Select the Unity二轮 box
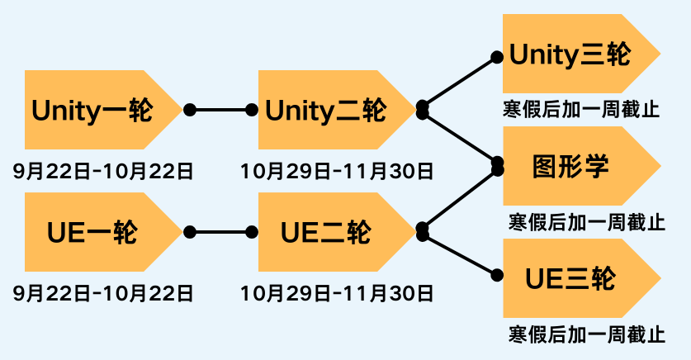pos(326,110)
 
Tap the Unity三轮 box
pos(570,55)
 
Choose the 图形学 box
pos(570,166)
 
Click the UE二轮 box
pos(326,232)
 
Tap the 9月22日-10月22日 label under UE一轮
pos(103,293)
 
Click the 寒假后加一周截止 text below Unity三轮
pos(581,110)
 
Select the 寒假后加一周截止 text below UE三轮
pos(587,334)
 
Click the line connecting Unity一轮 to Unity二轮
pos(221,110)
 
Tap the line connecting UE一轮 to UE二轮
pos(221,232)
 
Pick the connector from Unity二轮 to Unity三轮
pos(459,82)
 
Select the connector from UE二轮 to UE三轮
pos(459,255)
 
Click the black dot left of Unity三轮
pos(497,57)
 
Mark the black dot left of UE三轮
pos(497,276)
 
